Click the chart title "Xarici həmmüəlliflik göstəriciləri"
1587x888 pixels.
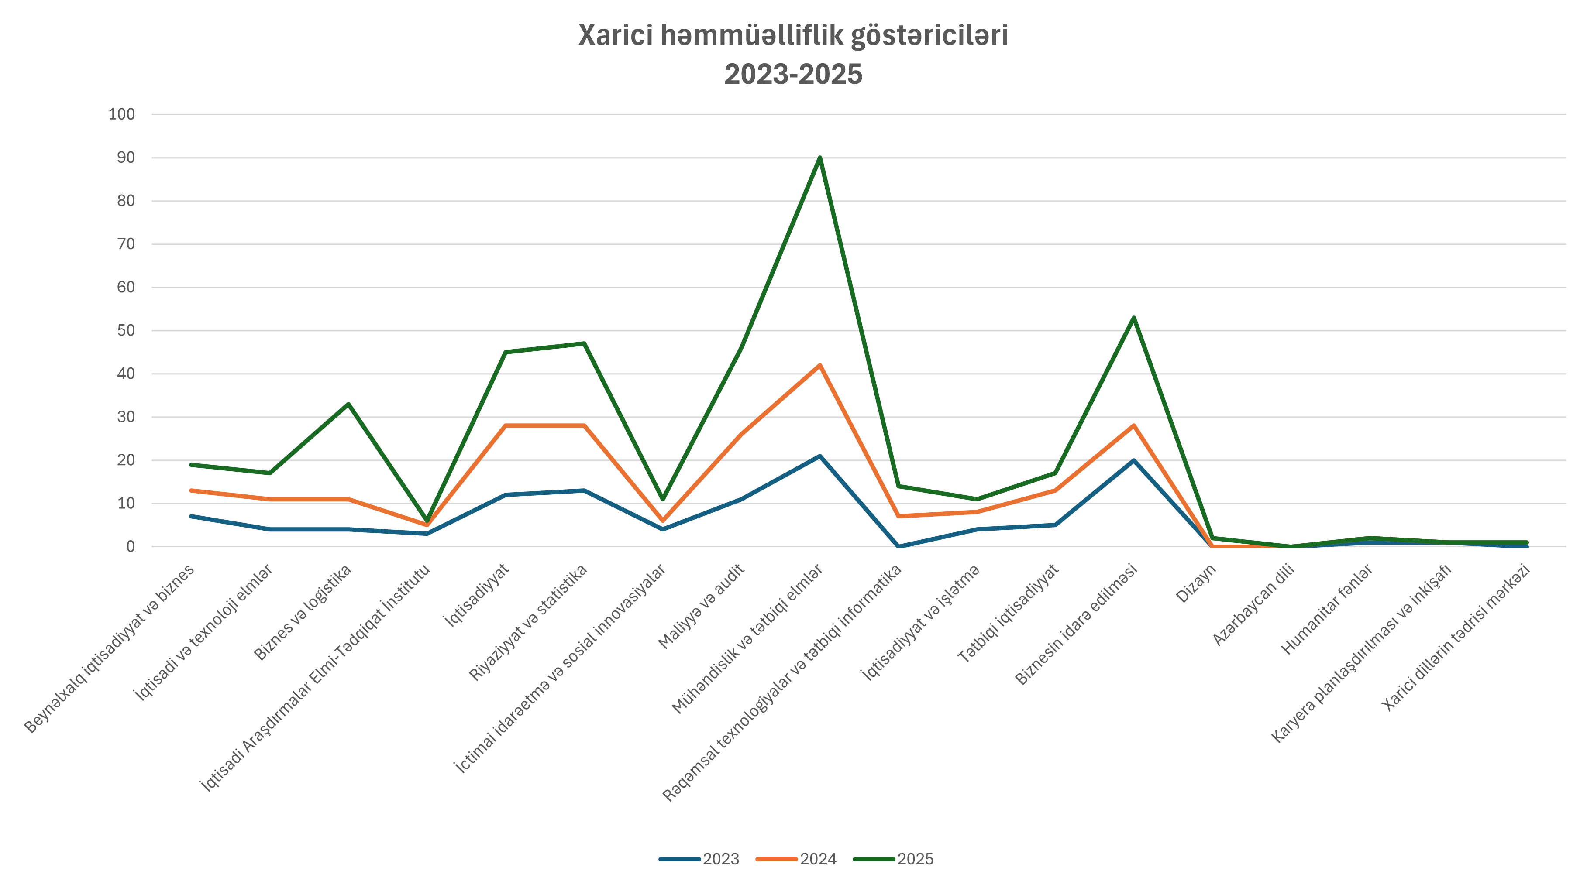pos(793,36)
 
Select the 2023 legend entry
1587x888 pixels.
pos(720,859)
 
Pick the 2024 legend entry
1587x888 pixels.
pos(818,859)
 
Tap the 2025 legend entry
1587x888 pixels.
pos(915,859)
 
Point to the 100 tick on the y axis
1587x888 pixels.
pos(121,114)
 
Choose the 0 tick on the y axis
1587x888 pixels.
pos(130,547)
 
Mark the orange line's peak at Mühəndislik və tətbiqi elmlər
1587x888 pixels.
pos(819,365)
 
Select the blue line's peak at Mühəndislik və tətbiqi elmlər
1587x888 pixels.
pos(819,456)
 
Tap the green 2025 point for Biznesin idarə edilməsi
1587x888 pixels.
pos(1133,318)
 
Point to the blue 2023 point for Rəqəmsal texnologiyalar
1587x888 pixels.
pos(898,546)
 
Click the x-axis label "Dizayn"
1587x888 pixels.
pos(1196,584)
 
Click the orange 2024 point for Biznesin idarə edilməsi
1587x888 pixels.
pos(1133,425)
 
